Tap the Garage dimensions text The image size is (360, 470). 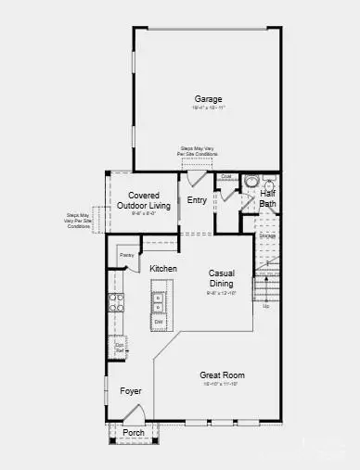click(x=210, y=108)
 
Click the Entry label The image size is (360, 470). click(x=197, y=199)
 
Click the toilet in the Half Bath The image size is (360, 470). click(x=251, y=183)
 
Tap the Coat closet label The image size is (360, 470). click(x=225, y=176)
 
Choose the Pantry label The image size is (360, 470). click(x=127, y=253)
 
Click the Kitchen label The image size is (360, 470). click(x=163, y=269)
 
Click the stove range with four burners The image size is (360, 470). click(x=118, y=301)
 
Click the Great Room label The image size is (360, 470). click(x=221, y=375)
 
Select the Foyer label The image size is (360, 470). click(x=131, y=391)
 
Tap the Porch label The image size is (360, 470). click(x=134, y=433)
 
